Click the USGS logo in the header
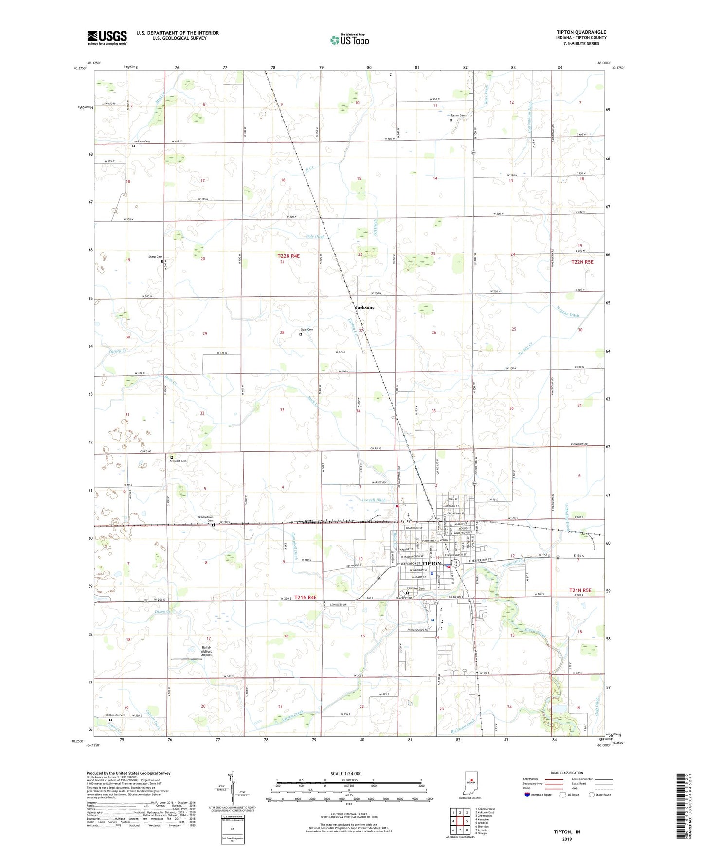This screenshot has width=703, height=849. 107,37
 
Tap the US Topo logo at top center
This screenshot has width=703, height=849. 349,40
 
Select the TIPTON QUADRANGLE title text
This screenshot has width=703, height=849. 581,32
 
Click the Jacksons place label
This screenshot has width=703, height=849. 364,308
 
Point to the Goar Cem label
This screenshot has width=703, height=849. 306,330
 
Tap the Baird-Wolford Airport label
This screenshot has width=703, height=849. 207,651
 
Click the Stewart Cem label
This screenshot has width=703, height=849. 178,461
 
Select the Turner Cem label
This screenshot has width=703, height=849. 458,116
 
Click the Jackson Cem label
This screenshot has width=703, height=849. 142,141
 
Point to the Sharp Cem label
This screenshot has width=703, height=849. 155,257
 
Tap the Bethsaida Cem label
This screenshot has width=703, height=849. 116,715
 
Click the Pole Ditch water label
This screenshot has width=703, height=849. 315,237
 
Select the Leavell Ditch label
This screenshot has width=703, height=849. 374,500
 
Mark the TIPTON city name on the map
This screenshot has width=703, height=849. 431,564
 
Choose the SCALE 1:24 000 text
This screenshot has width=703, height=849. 346,774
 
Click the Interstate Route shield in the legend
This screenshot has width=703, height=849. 528,795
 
